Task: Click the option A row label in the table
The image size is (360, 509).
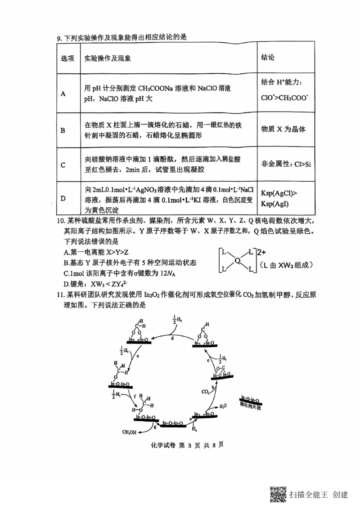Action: [63, 94]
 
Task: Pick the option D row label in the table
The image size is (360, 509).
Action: [63, 198]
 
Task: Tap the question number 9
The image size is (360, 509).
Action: [59, 38]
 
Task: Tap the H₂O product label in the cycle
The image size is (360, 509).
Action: [223, 406]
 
